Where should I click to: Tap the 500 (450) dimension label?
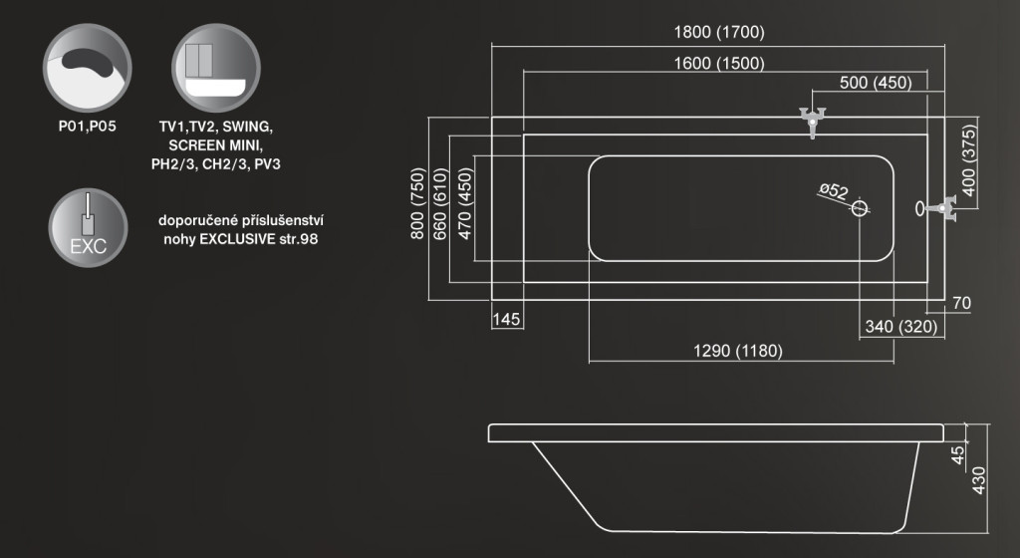pos(876,84)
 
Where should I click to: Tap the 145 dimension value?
pos(507,319)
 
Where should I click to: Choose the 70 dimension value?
pos(961,303)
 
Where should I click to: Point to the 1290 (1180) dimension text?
pos(737,351)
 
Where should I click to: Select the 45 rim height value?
pos(958,454)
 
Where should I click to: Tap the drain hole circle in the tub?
pos(862,208)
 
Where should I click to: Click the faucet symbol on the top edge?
pos(814,120)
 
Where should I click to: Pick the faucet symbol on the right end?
pos(942,208)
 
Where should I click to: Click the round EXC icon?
pos(88,227)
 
